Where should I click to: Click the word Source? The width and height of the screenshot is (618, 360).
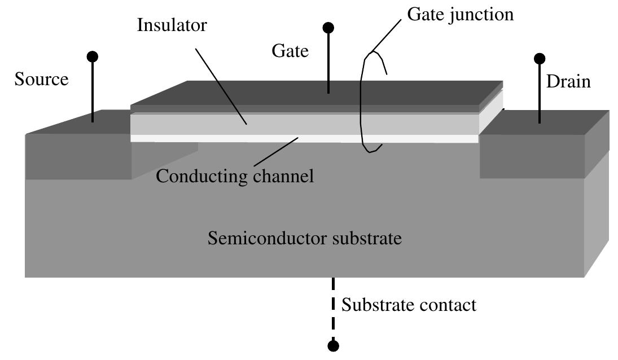click(x=41, y=79)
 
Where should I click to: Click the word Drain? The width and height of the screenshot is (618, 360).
click(x=568, y=82)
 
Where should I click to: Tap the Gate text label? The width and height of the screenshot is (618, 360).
click(x=290, y=51)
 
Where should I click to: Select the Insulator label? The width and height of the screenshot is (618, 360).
click(x=172, y=26)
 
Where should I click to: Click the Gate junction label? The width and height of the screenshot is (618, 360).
click(x=461, y=14)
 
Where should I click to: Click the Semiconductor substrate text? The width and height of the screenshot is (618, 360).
click(x=305, y=238)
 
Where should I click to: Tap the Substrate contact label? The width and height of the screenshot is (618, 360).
click(x=409, y=305)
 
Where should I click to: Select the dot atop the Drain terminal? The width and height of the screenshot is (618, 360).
click(x=540, y=58)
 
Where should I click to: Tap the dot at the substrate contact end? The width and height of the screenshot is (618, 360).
click(x=334, y=345)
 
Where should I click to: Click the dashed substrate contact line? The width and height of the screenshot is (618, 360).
click(x=334, y=308)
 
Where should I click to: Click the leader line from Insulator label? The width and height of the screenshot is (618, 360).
click(x=220, y=85)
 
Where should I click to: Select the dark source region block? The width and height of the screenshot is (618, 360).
click(x=79, y=155)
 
